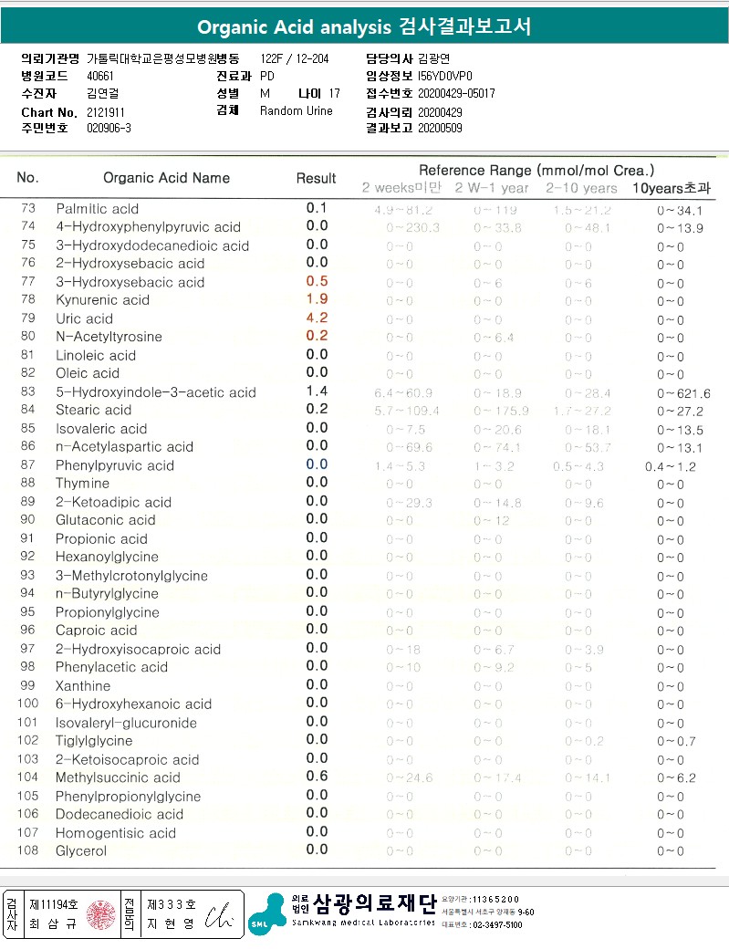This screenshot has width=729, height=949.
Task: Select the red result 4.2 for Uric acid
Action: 317,318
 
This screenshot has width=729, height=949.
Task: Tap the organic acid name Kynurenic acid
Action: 102,300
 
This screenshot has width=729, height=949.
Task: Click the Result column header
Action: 316,178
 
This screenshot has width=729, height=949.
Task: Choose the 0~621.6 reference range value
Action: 683,393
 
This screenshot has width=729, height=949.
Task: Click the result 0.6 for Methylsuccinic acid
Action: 317,777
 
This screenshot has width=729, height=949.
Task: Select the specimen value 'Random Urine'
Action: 297,110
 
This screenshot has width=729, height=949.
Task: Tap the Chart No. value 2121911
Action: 106,111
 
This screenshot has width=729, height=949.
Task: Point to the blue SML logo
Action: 265,915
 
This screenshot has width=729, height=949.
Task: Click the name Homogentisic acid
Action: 116,832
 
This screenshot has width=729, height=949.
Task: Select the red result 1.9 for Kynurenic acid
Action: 317,299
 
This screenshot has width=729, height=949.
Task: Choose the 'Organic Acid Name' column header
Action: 166,178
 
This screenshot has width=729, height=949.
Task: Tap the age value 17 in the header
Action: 334,93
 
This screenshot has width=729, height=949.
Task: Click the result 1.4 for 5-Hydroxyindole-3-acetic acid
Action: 317,391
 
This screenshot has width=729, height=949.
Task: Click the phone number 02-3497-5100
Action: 496,924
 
